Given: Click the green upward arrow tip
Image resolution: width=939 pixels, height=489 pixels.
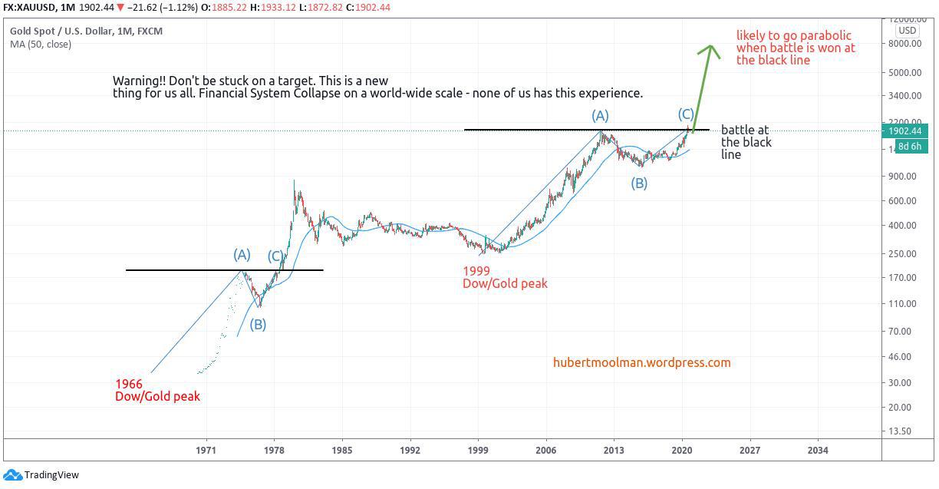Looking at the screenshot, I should [x=710, y=47].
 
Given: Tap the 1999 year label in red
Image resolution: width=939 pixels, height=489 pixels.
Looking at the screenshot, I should [x=476, y=271].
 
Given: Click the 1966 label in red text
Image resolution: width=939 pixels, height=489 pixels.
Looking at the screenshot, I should [x=128, y=384].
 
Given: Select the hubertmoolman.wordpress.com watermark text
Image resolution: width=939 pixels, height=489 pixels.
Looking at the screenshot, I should [x=641, y=362].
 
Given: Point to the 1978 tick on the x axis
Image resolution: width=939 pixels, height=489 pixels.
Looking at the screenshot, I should [x=273, y=451].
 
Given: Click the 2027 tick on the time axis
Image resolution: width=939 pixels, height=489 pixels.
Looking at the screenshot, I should [x=749, y=451].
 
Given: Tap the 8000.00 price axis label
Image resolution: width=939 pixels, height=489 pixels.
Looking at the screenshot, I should [x=904, y=44].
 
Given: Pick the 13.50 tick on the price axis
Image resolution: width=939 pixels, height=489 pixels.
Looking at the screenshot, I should [x=904, y=431].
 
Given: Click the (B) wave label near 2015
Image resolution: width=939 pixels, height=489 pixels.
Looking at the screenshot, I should [x=639, y=183].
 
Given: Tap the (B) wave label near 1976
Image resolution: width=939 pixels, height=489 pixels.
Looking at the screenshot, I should [x=258, y=324].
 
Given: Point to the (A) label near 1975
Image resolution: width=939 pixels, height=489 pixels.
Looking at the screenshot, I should [x=242, y=254].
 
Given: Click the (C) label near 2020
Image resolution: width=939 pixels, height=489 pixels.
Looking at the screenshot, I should [x=686, y=114].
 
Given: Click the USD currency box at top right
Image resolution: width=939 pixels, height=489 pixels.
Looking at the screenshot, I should [x=908, y=31].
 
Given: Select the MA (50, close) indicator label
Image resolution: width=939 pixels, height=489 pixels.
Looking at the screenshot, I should [x=41, y=45].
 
